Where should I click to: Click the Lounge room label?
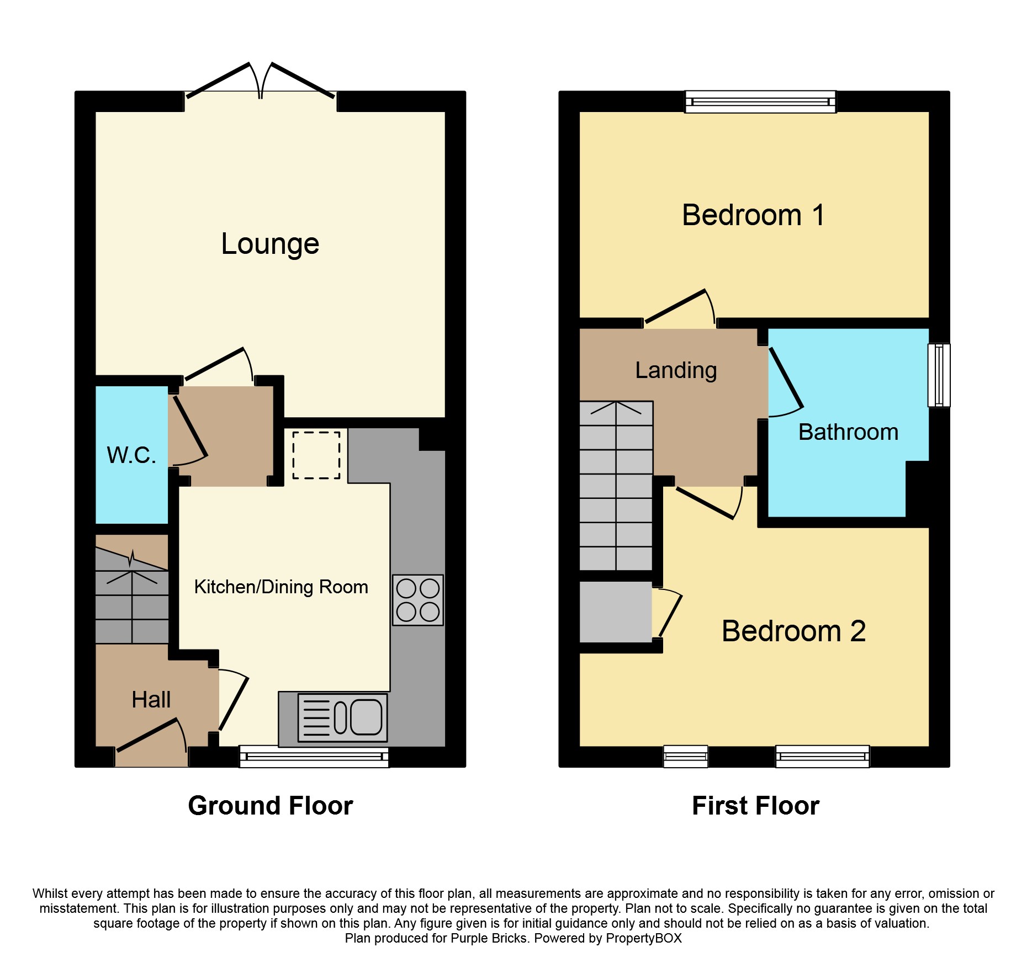coord(270,244)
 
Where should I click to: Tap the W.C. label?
coord(131,455)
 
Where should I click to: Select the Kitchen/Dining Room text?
coord(281,587)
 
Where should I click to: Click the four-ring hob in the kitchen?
coord(418,600)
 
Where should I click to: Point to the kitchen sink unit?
coord(342,717)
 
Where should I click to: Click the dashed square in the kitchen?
coord(316,455)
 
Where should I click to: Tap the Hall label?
coord(151,700)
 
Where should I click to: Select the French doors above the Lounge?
coord(260,83)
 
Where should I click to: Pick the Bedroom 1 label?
coord(753,215)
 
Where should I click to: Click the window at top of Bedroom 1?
coord(760,102)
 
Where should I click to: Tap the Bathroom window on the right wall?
coord(939,375)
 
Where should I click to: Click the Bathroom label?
coord(848,432)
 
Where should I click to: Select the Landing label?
coord(676,370)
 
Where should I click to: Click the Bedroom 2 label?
coord(793,631)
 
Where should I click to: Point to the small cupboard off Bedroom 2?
coord(616,611)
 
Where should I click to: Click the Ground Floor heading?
coord(270,806)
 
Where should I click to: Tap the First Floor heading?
coord(755,806)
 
